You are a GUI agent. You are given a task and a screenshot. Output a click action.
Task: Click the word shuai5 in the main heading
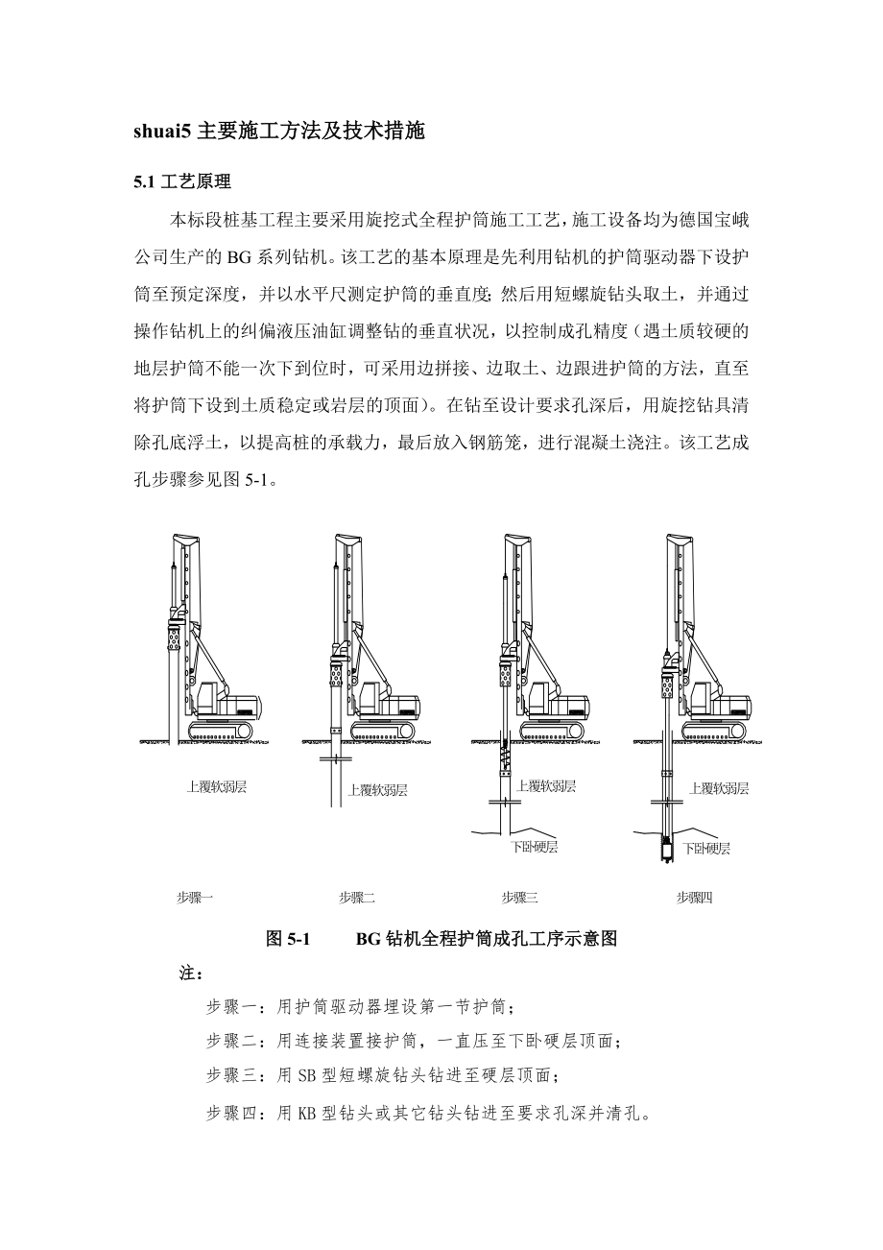[162, 132]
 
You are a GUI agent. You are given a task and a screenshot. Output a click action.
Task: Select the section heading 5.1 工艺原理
[182, 180]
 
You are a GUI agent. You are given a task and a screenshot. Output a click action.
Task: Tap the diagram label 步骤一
[195, 898]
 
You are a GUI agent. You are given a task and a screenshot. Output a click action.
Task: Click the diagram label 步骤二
[356, 898]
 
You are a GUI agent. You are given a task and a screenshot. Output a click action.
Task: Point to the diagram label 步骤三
[519, 898]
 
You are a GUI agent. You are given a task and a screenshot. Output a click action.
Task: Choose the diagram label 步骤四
[695, 898]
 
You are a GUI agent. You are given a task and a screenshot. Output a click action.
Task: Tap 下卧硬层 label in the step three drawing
[534, 847]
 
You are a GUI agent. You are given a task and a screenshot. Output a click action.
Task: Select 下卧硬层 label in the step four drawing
[705, 849]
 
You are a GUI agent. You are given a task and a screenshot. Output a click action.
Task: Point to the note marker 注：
[190, 974]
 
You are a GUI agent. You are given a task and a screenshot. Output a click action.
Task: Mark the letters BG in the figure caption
[369, 939]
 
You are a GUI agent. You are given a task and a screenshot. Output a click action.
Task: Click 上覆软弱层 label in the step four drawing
[719, 788]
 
